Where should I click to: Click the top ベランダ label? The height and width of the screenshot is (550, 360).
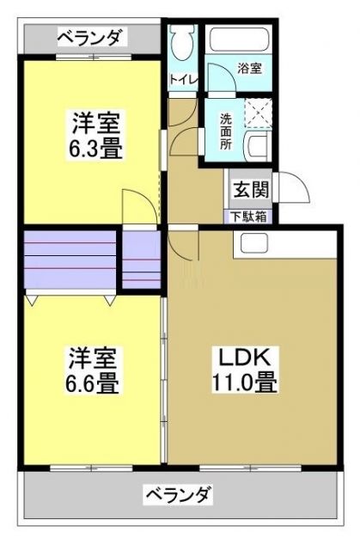tap(90, 37)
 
